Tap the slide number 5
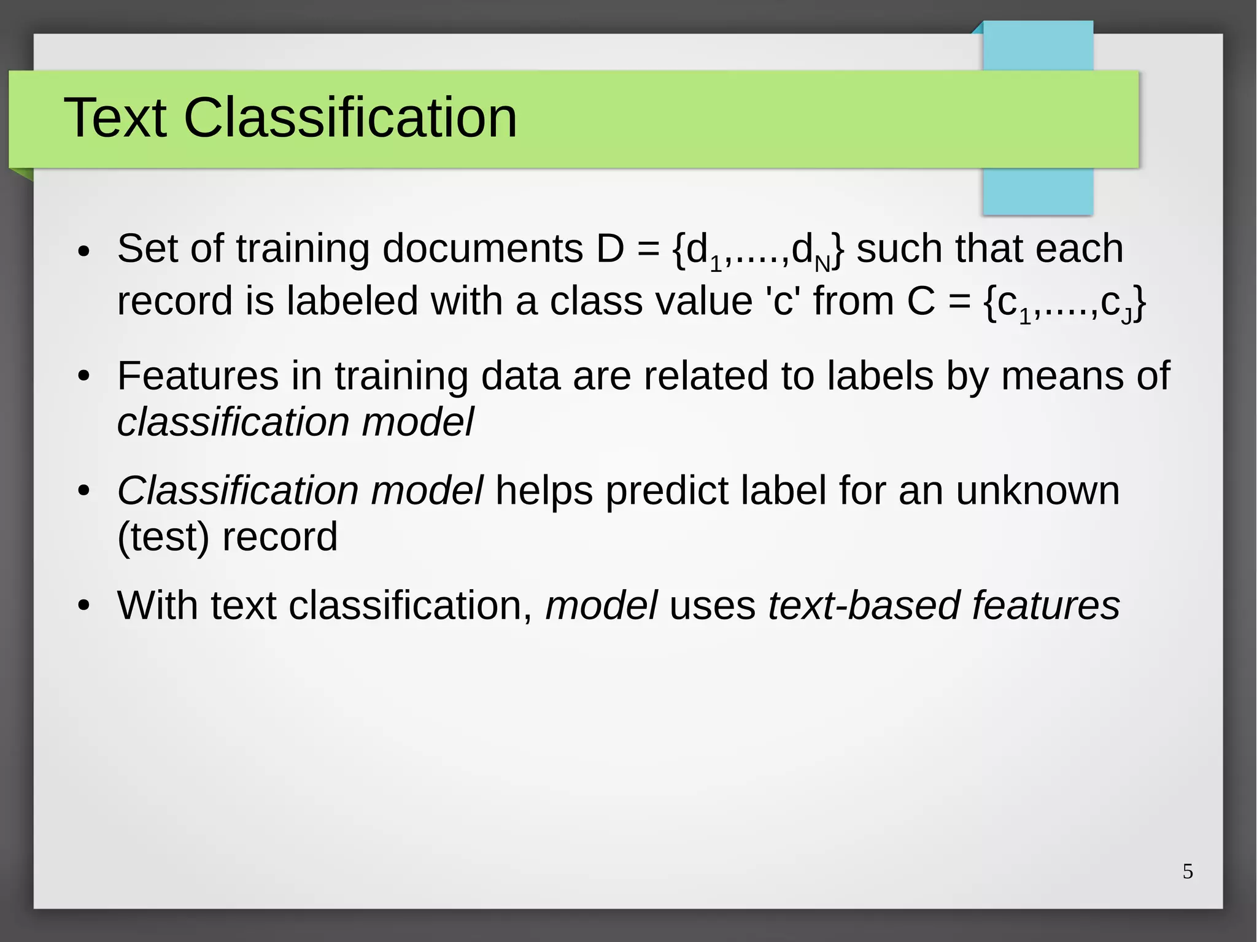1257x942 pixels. click(1188, 871)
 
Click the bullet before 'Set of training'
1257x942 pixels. click(84, 252)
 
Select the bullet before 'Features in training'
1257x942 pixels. click(84, 377)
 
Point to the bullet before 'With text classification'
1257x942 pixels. click(84, 607)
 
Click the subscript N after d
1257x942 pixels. click(822, 264)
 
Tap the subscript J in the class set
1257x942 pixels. click(1126, 316)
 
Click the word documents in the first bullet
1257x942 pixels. click(482, 249)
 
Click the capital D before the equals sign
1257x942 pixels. click(609, 249)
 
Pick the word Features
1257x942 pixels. click(198, 376)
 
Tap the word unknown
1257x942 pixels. click(1037, 491)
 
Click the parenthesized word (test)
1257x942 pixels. click(163, 536)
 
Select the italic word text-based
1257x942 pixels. click(863, 606)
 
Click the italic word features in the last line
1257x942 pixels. click(1046, 606)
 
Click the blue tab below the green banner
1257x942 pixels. click(1037, 191)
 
